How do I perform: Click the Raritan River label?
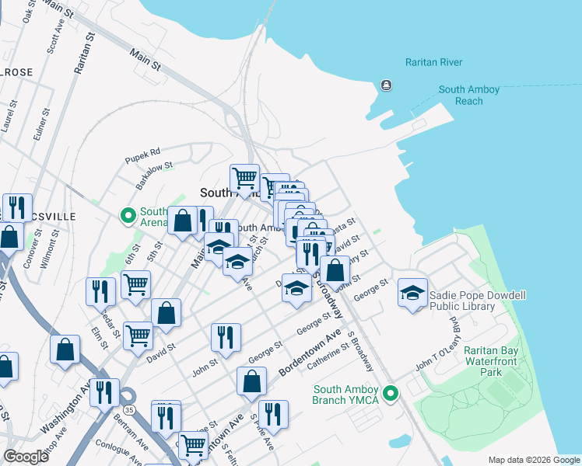tap(433, 62)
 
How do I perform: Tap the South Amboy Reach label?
tap(468, 96)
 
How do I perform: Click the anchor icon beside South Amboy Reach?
tap(386, 85)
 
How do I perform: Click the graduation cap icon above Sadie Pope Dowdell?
tap(412, 293)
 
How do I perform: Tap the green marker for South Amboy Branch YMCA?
tap(393, 393)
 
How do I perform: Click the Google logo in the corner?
tap(26, 457)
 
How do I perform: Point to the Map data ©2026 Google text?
tap(533, 460)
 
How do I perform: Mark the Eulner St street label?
tap(36, 124)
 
